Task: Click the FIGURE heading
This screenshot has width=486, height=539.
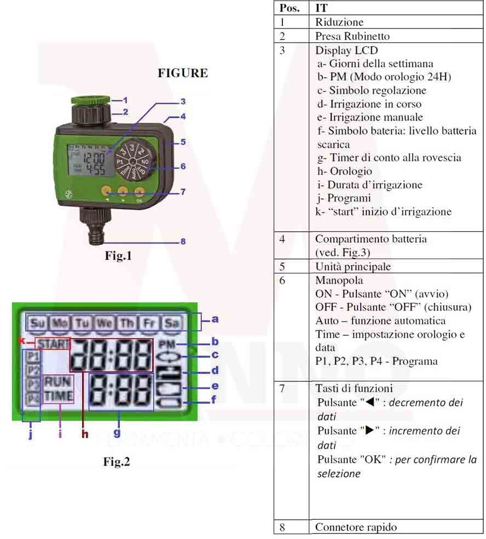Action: pos(183,73)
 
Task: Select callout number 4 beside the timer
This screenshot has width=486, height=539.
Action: pos(183,116)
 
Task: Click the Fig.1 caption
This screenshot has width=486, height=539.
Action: pos(119,255)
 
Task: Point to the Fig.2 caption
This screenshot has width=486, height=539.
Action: pos(117,462)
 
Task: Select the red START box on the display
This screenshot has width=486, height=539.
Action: pos(53,345)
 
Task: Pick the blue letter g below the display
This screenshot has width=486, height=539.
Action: pos(117,433)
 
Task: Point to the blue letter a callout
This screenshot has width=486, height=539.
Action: pos(215,319)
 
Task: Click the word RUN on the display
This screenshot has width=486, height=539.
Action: pos(59,381)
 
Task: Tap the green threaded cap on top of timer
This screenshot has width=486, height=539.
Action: pos(90,100)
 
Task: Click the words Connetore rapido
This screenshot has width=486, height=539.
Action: pos(356,527)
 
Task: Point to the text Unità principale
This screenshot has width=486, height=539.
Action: pos(353,267)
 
